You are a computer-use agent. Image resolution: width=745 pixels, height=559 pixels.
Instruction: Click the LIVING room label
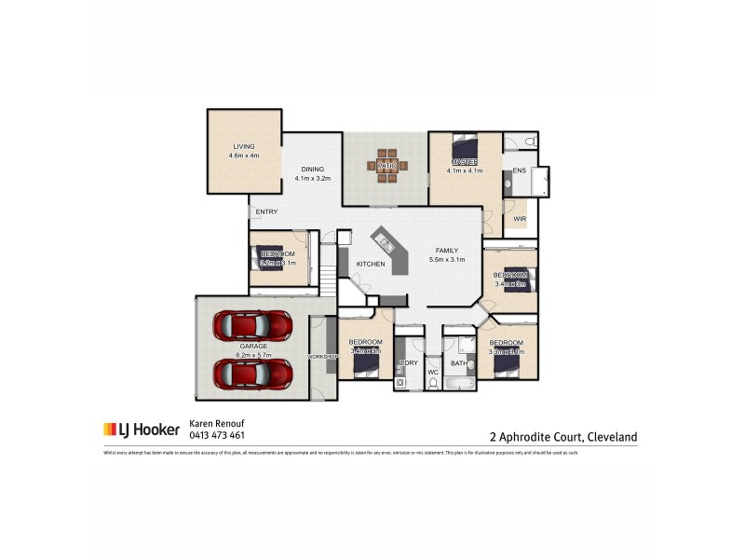pos(244,146)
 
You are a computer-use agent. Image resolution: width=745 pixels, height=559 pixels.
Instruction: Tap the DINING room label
pos(312,169)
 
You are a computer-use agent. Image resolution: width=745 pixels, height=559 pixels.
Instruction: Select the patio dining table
pos(386,166)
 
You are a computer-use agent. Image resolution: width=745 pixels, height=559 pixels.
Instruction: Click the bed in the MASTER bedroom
pos(464,147)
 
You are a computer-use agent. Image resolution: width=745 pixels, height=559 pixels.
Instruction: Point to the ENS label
pos(519,170)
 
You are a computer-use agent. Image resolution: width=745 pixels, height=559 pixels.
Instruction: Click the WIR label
pos(520,219)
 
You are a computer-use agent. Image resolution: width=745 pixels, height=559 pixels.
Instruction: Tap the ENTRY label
pos(266,211)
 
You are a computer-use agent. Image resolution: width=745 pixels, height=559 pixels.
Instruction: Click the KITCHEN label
pos(371,266)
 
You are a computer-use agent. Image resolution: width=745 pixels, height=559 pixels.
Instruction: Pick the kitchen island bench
pos(389,250)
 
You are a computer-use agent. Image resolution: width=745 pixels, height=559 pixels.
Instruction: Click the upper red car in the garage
pos(252,325)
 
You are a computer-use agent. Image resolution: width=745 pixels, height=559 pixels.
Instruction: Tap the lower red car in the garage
pos(252,374)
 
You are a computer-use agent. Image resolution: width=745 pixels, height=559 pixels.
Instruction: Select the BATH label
pos(458,363)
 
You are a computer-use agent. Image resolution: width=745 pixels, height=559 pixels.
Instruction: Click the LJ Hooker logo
pos(141,429)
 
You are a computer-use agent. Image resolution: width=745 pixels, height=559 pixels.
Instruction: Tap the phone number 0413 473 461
pos(217,435)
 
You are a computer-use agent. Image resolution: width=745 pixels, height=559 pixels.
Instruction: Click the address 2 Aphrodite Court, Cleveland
pos(563,435)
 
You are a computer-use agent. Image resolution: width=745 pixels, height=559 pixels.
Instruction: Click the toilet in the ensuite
pos(529,142)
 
